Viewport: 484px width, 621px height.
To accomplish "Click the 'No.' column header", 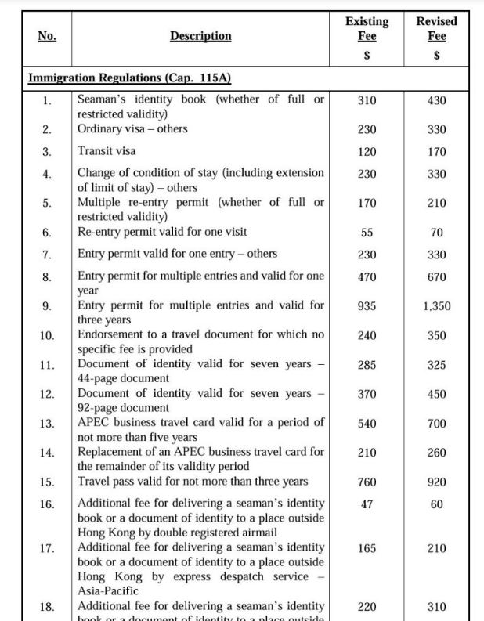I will click(x=47, y=36).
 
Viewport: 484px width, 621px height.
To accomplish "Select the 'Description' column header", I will click(x=200, y=36).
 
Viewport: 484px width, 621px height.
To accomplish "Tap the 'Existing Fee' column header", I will click(x=367, y=29).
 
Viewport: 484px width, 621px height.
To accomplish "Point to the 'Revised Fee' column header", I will click(x=437, y=29).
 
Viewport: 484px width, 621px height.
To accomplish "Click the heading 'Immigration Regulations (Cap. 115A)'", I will click(x=129, y=78).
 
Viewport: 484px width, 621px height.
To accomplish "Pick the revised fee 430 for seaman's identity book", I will click(x=437, y=100).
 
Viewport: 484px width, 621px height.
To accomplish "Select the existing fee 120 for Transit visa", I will click(x=367, y=152).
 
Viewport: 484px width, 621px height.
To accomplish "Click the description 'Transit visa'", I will click(x=107, y=151).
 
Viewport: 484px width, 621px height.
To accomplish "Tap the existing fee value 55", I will click(x=367, y=233).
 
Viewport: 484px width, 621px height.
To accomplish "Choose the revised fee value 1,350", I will click(x=437, y=306).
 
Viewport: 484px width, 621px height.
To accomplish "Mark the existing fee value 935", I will click(x=367, y=306).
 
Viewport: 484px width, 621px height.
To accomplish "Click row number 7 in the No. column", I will click(x=47, y=255).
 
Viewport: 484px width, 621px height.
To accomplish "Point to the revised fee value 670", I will click(x=437, y=277).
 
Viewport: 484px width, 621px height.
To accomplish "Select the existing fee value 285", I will click(x=367, y=365).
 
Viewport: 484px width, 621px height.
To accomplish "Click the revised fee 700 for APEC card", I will click(x=437, y=424).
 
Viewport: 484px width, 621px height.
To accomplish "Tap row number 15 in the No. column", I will click(x=47, y=482).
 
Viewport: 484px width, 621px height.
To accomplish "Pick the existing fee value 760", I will click(x=367, y=482).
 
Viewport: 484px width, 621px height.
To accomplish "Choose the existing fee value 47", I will click(x=367, y=504).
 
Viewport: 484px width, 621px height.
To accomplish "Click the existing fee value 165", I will click(x=367, y=548).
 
